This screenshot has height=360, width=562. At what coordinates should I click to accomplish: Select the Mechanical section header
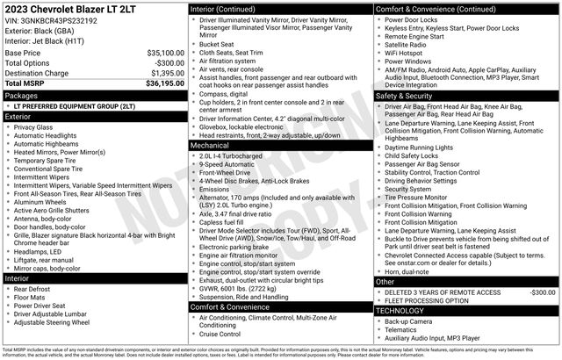(x=213, y=146)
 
